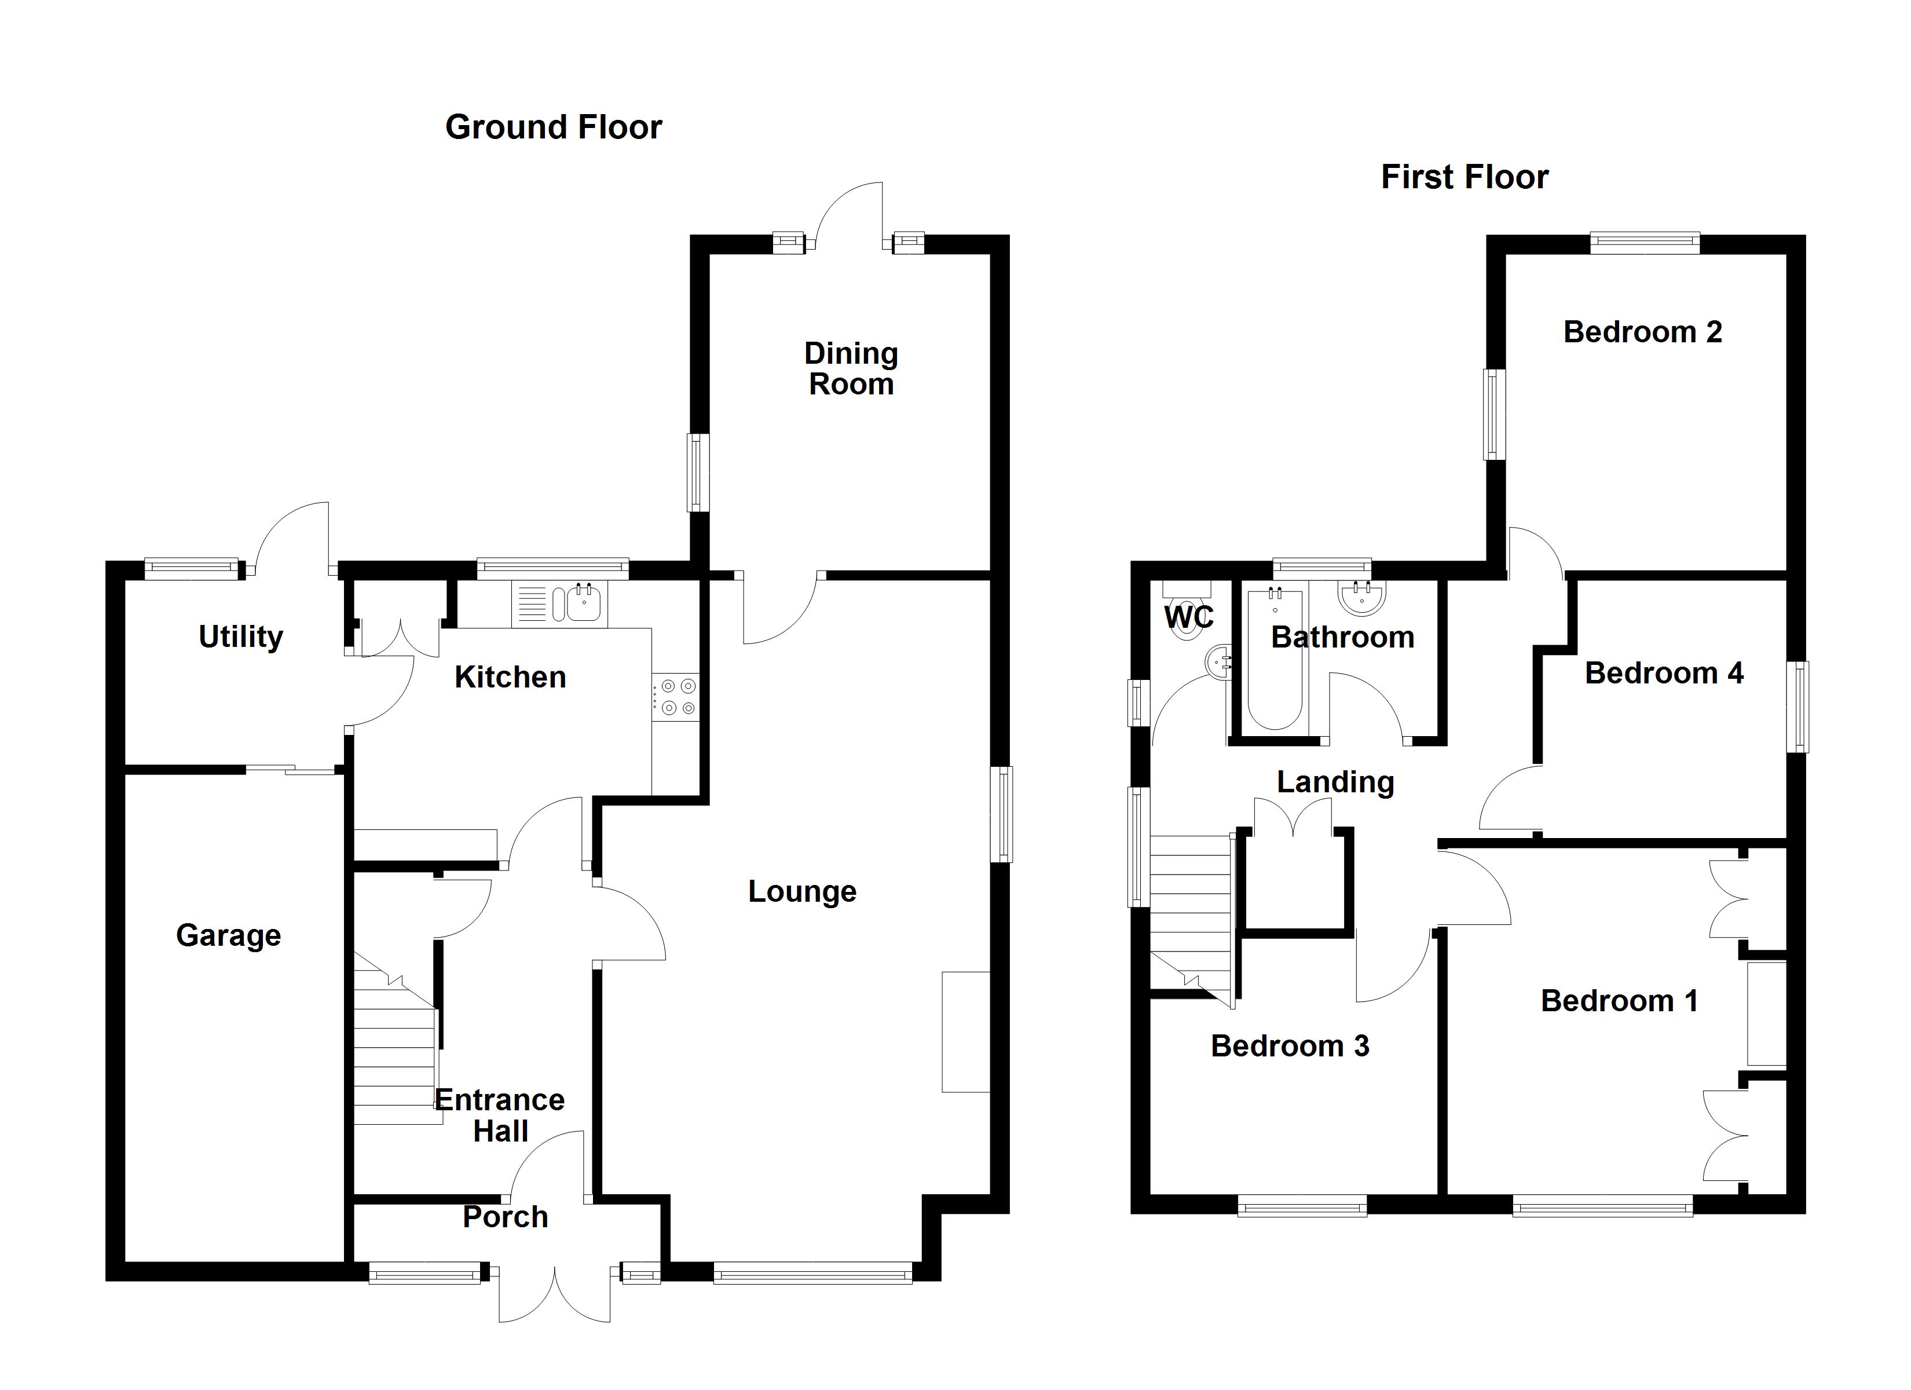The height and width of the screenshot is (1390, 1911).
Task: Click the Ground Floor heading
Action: click(554, 127)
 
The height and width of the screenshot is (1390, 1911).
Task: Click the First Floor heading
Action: click(1465, 177)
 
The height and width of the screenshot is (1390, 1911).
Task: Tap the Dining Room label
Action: click(851, 368)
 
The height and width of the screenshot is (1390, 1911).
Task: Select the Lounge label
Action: click(802, 892)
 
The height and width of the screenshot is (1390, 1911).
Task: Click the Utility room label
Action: click(240, 637)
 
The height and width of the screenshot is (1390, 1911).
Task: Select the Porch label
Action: click(506, 1217)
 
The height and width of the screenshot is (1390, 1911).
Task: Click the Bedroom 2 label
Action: click(1642, 332)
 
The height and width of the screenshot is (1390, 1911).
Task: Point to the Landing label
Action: click(1335, 782)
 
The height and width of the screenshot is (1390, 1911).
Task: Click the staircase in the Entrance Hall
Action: click(394, 1054)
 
